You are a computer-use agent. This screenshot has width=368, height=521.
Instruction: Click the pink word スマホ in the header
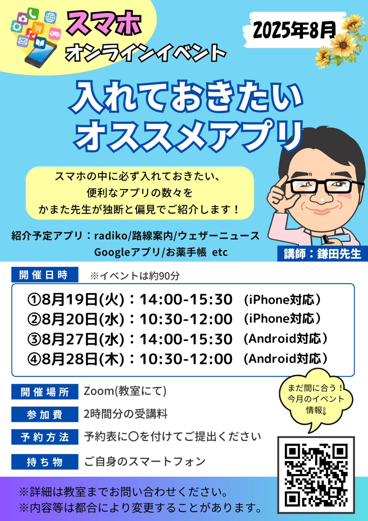(x=104, y=23)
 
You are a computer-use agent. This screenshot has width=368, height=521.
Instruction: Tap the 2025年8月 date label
(x=294, y=30)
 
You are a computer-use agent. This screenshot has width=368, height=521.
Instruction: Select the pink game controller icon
(x=55, y=34)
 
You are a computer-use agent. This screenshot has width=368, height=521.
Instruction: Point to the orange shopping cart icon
(x=38, y=28)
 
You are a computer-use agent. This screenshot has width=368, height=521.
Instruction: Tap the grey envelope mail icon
(x=22, y=41)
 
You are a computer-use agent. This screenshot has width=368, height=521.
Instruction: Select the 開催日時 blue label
(x=45, y=275)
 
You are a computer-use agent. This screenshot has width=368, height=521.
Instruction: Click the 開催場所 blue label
(x=45, y=392)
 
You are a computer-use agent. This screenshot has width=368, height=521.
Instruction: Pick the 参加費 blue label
(x=45, y=414)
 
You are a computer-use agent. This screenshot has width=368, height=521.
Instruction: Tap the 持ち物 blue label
(x=45, y=462)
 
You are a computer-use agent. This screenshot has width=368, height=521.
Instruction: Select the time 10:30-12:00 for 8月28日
(x=186, y=359)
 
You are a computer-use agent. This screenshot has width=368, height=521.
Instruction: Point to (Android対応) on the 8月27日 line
(x=285, y=339)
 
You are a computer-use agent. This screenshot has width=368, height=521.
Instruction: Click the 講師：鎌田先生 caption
(x=322, y=254)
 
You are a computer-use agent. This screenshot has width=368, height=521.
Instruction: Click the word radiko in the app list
(x=111, y=236)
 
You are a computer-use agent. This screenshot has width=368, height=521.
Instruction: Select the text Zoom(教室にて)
(x=125, y=391)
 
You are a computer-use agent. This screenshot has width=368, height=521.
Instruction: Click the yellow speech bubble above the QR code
(x=316, y=400)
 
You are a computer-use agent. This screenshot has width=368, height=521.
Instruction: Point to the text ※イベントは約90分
(x=135, y=276)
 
